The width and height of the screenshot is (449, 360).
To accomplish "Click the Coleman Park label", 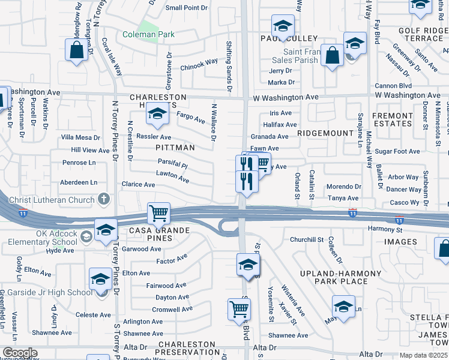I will (x=148, y=34).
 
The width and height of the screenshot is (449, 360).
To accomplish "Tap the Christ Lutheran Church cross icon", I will (x=104, y=199).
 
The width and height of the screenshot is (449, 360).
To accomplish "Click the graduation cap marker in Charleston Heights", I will (x=157, y=113).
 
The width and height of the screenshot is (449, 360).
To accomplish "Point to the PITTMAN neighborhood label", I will (x=175, y=147).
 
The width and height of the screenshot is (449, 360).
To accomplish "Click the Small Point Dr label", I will (x=186, y=8).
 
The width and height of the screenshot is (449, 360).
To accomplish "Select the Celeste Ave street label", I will (x=93, y=314).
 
